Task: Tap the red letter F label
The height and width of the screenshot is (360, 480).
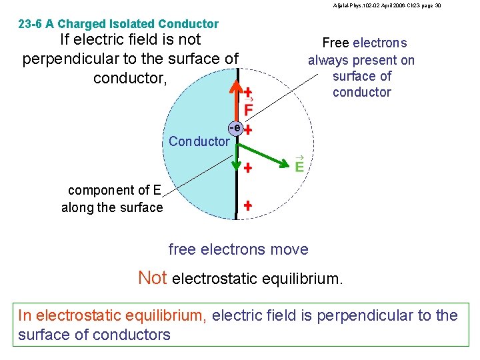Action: click(x=248, y=109)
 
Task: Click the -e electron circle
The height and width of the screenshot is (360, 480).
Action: click(x=234, y=127)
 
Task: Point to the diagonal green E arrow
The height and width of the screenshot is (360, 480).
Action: click(x=264, y=147)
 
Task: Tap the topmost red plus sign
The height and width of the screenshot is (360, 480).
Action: click(x=247, y=92)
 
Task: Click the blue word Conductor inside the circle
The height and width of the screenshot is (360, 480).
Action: click(x=199, y=141)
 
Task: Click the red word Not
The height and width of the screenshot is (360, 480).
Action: click(x=153, y=277)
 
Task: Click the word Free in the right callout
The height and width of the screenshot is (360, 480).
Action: click(x=335, y=43)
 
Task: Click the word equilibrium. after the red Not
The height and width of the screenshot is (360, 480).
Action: click(x=301, y=279)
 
